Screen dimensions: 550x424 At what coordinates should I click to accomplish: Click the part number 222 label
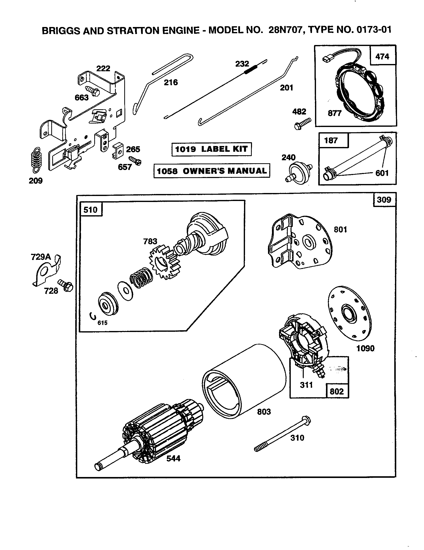[x=103, y=68]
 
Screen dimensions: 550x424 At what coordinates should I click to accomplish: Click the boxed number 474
[x=382, y=56]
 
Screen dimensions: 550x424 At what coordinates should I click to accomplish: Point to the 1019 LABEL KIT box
[x=211, y=149]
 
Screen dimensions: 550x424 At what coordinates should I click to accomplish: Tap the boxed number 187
[x=331, y=140]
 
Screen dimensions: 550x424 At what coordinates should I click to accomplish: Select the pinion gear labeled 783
[x=165, y=263]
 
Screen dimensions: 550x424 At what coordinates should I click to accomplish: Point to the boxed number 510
[x=90, y=209]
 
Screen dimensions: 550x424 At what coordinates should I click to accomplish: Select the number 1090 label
[x=365, y=348]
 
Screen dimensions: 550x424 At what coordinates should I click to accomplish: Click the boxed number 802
[x=337, y=391]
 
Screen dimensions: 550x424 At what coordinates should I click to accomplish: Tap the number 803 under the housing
[x=263, y=412]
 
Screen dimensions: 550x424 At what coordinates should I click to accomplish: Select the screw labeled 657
[x=135, y=160]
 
